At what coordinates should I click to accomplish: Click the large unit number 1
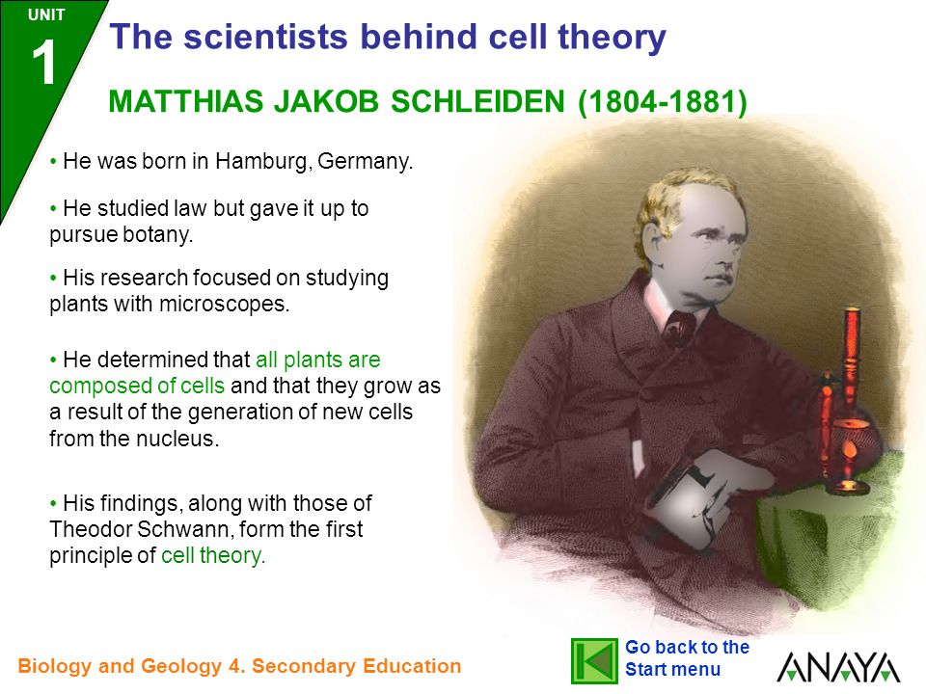click(43, 63)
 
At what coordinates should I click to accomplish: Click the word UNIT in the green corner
click(46, 14)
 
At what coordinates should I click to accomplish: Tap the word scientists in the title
click(266, 37)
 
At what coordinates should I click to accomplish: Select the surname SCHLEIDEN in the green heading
click(477, 101)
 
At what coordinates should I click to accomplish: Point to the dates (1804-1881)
click(663, 101)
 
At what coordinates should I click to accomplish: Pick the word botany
click(157, 235)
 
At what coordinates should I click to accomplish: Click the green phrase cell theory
click(213, 556)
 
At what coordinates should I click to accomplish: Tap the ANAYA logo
click(838, 667)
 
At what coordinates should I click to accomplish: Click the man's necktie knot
click(679, 328)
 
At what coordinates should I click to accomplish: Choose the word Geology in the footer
click(182, 666)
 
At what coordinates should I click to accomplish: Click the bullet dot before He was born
click(54, 161)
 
